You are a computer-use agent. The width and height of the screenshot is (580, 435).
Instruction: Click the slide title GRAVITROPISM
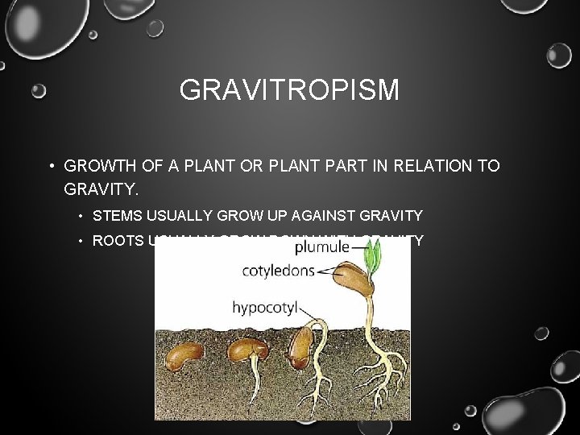tap(289, 89)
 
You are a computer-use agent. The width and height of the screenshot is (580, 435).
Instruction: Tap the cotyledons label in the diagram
tap(278, 271)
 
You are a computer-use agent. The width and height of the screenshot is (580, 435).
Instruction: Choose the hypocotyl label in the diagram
tap(267, 307)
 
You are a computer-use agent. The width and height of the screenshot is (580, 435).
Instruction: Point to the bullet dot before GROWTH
tap(50, 166)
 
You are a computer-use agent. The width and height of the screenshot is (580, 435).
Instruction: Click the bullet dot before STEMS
tap(82, 216)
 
